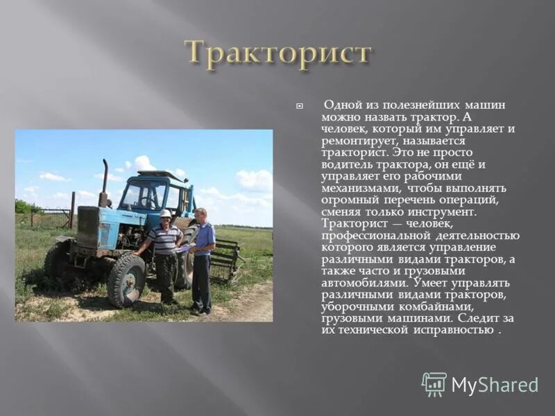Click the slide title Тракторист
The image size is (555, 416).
pos(277,53)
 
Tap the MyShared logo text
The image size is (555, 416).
pos(494,385)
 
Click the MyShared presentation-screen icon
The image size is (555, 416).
pos(434,384)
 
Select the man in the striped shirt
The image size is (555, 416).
pos(165,253)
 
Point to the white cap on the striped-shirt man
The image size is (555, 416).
pos(165,214)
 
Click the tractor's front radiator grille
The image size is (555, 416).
pos(87,227)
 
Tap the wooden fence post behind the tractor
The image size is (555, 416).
pos(72,209)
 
